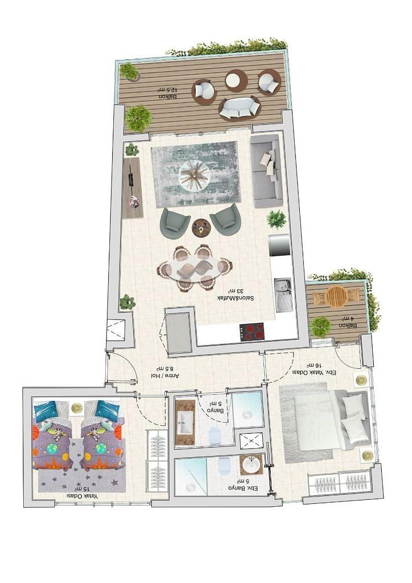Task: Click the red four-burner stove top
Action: click(252, 332)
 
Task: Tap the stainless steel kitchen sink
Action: click(283, 294)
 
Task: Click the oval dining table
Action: click(194, 268)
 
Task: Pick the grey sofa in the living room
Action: click(266, 171)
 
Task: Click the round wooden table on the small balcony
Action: click(336, 296)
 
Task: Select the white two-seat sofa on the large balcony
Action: click(240, 108)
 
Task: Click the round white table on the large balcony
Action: click(236, 80)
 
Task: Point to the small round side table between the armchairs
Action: click(201, 227)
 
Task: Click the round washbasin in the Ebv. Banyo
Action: click(250, 465)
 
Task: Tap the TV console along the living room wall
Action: click(132, 188)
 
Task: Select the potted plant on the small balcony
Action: click(320, 327)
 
